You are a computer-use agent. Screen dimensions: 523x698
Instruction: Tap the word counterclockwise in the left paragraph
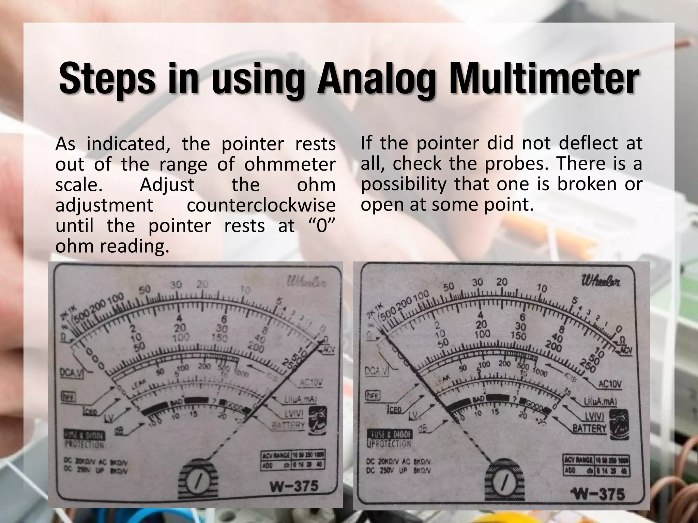click(261, 205)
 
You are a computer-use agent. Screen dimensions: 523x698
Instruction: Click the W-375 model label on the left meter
click(294, 486)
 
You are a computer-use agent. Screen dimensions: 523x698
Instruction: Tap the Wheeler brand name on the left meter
click(306, 282)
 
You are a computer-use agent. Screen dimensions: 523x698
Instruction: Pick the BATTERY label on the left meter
click(288, 425)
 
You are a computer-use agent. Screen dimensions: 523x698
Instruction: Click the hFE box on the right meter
click(372, 395)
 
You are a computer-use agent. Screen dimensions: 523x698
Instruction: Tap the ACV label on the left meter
click(328, 349)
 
